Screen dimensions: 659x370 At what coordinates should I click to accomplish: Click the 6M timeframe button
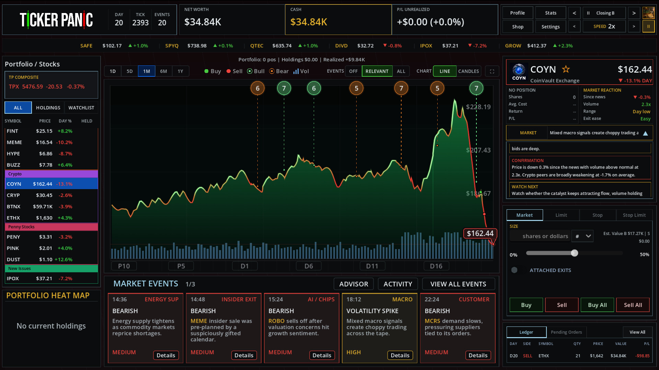(163, 71)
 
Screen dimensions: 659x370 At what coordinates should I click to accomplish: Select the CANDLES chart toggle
(469, 71)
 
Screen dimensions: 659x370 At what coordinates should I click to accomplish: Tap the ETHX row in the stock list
(51, 218)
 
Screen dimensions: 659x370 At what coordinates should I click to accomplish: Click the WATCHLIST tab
(81, 108)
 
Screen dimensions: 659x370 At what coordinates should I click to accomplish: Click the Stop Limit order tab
(634, 215)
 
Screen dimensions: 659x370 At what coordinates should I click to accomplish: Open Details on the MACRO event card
(400, 355)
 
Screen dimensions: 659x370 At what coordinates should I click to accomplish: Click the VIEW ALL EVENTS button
(458, 284)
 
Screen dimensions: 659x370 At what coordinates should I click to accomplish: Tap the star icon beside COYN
(566, 69)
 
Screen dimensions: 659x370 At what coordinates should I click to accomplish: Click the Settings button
(551, 27)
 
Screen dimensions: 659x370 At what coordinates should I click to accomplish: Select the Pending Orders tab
(566, 332)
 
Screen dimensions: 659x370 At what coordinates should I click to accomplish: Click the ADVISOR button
(354, 284)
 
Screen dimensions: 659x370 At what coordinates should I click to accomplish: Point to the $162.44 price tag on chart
(480, 233)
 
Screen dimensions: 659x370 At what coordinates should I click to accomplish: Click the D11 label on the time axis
(372, 266)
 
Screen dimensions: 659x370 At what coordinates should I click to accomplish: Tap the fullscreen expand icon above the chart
(492, 71)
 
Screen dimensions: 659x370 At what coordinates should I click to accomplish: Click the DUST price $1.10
(46, 259)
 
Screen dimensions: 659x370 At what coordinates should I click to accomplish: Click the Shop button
(518, 27)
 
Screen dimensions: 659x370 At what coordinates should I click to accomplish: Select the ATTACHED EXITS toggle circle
(514, 270)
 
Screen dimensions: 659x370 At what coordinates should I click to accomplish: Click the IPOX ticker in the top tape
(426, 46)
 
